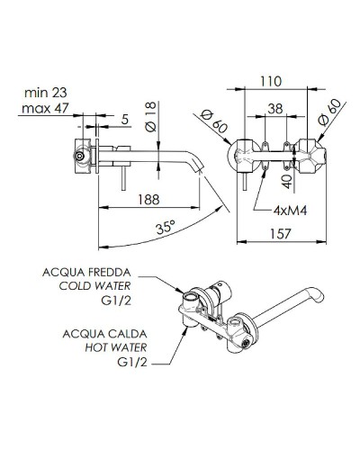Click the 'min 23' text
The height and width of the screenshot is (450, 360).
click(47, 94)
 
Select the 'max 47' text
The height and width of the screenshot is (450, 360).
click(47, 111)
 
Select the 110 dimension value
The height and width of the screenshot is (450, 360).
click(276, 81)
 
